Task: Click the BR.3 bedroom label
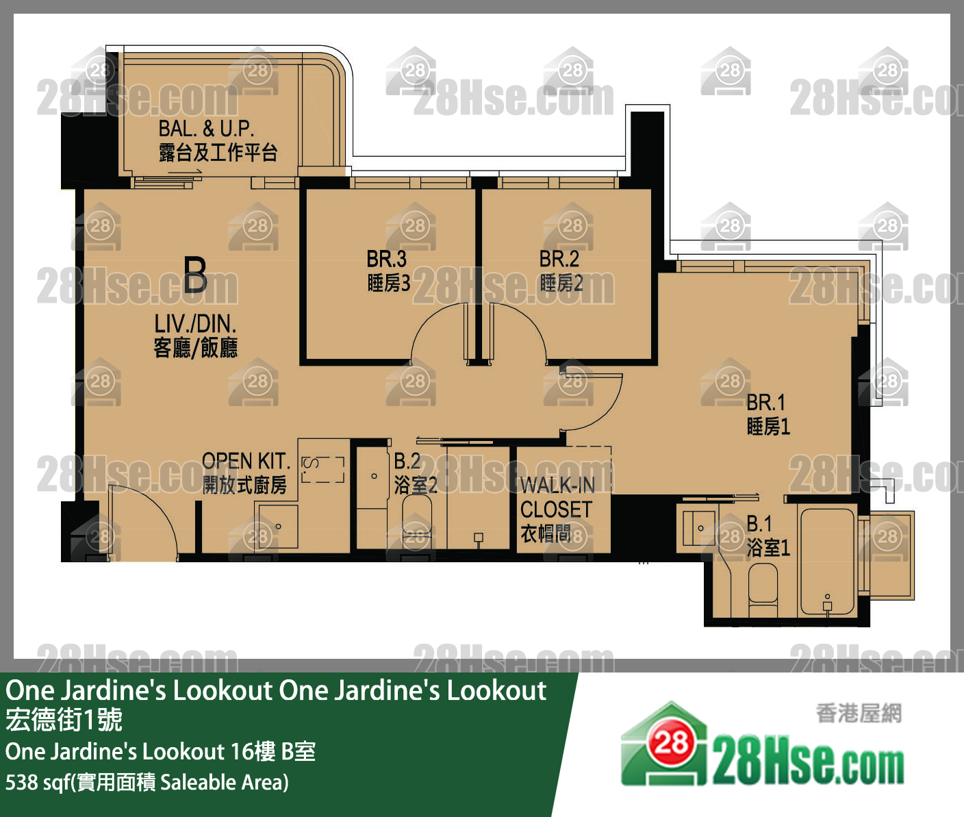(x=388, y=271)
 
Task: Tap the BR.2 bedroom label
(x=561, y=271)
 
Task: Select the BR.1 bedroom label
(x=768, y=414)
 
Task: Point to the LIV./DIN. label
(x=195, y=336)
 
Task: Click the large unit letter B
(x=195, y=275)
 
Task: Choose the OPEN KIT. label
(x=245, y=473)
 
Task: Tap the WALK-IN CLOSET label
(x=556, y=509)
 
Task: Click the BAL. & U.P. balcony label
(x=217, y=140)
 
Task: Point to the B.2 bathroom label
(x=414, y=473)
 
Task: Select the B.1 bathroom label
(x=768, y=536)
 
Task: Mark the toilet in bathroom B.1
(x=763, y=590)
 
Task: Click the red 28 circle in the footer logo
(x=670, y=742)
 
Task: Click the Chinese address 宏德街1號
(x=64, y=720)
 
